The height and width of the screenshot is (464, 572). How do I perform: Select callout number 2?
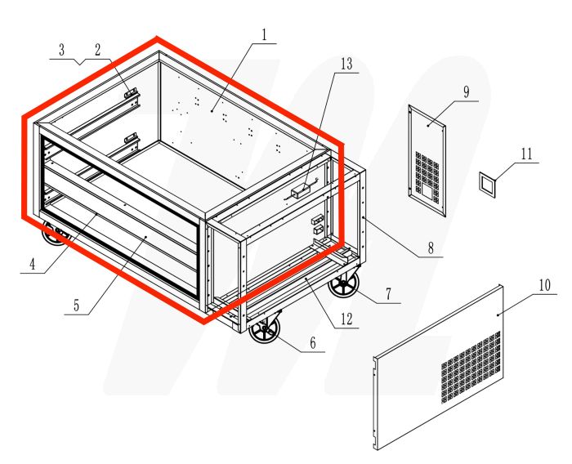click(97, 49)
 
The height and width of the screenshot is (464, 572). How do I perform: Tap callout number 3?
click(62, 50)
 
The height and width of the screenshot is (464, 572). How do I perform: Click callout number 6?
click(311, 344)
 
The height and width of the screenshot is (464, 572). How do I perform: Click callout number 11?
click(525, 154)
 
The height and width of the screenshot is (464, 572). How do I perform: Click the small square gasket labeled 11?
click(487, 185)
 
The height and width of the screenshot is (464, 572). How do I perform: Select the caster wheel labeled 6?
click(265, 334)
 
